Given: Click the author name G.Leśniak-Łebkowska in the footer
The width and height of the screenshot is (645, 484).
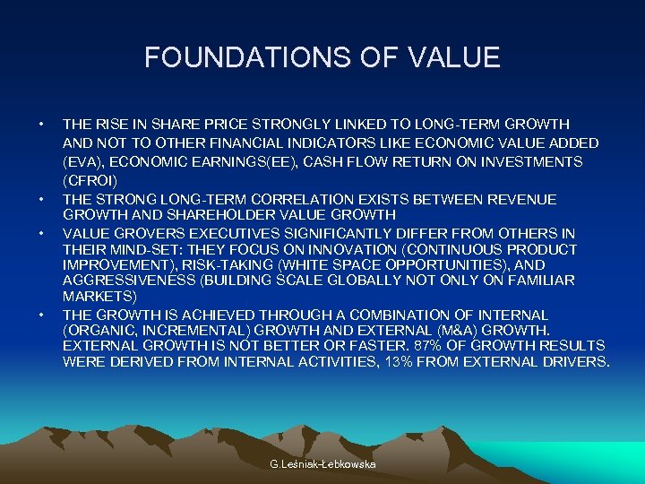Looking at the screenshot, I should click(x=323, y=463).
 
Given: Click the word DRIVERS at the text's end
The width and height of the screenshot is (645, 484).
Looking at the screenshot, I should click(x=576, y=362).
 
